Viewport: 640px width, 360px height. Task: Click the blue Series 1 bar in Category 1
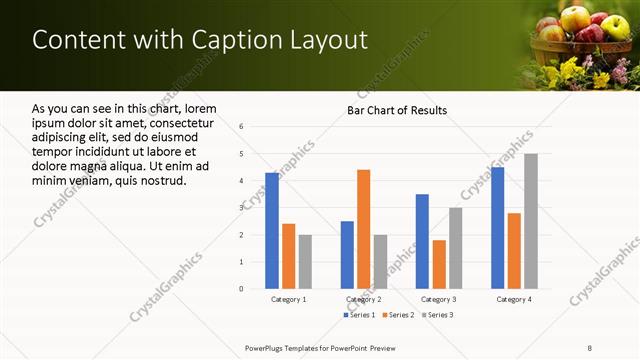click(272, 230)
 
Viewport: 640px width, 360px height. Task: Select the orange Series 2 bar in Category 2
click(363, 229)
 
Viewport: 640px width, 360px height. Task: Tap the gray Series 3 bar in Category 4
click(531, 221)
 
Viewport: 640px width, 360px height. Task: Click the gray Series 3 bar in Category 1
click(305, 261)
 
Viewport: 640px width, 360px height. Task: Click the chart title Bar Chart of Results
click(397, 110)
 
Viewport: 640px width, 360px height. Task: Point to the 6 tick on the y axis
click(241, 127)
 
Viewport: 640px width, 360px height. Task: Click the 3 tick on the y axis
click(241, 208)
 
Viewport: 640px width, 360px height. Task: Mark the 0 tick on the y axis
click(241, 289)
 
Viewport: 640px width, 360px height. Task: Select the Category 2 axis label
click(364, 299)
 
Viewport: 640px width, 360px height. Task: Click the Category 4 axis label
click(514, 299)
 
